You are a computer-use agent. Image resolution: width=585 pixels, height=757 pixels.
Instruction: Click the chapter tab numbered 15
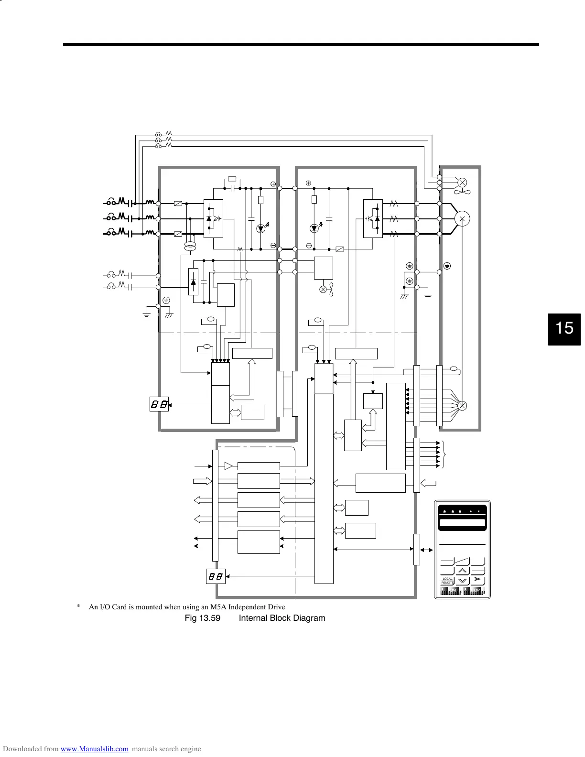pos(564,329)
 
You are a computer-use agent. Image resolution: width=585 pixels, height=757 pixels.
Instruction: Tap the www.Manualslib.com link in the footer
pos(95,749)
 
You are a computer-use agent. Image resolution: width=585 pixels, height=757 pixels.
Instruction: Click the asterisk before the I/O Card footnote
pos(78,607)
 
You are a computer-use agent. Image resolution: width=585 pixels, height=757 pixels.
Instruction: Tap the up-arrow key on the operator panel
pos(462,570)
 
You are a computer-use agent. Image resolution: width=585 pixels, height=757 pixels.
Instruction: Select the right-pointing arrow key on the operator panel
pos(477,580)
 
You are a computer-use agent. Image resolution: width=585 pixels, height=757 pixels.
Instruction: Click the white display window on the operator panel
pos(462,523)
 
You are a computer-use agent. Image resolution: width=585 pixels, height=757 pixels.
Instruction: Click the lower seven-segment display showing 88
pos(216,576)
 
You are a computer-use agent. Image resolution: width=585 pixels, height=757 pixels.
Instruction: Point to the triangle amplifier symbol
pos(228,466)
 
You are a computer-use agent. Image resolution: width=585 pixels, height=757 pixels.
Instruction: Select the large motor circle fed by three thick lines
pos(462,218)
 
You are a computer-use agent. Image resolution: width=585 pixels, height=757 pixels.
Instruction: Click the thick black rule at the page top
pos(301,45)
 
